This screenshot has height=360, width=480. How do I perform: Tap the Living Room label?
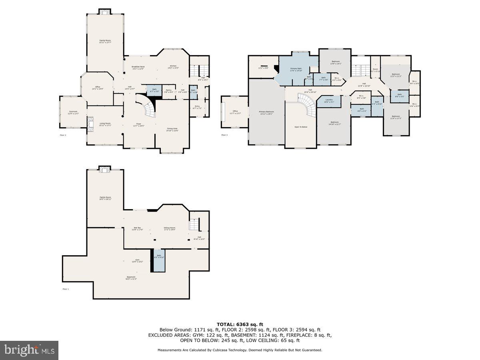tap(105, 123)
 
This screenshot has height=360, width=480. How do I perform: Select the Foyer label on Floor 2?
tap(138, 125)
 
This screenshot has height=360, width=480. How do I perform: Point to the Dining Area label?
tap(172, 129)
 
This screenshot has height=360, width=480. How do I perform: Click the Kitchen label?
tap(173, 66)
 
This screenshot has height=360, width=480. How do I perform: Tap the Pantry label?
tap(169, 90)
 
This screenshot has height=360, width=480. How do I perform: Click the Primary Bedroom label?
tap(266, 112)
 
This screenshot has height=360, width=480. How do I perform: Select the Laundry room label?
tap(329, 100)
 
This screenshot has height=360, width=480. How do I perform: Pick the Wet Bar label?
tap(137, 228)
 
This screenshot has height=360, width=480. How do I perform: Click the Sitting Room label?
tap(170, 228)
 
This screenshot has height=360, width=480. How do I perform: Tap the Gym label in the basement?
tap(126, 262)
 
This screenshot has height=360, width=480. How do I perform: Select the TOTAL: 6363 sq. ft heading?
tap(240, 324)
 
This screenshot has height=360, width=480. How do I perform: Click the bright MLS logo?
tap(29, 350)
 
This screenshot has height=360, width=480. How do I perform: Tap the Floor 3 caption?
tap(224, 135)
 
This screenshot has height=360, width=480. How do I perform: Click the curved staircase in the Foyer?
tap(147, 105)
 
